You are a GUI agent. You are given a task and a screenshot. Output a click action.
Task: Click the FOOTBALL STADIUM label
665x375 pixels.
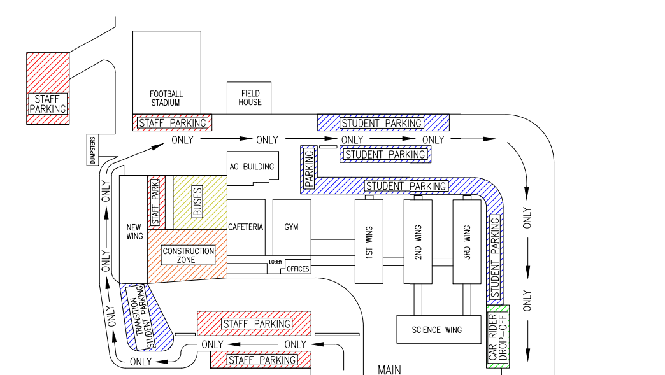coord(166,98)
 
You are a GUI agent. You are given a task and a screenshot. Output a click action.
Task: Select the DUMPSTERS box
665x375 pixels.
coord(92,150)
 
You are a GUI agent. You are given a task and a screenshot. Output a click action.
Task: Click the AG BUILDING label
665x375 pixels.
coord(252,167)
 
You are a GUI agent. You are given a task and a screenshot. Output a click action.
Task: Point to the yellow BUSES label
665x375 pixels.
coord(197,202)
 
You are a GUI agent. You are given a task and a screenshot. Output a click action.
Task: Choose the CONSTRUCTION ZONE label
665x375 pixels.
coord(188,255)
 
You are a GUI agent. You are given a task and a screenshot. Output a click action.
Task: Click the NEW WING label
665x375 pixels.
coord(134,232)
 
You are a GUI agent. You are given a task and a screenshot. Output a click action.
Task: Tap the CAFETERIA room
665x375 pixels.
coord(246,227)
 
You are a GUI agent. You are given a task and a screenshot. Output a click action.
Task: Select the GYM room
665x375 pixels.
coord(292,227)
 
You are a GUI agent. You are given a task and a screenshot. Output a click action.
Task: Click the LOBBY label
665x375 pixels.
coord(275,262)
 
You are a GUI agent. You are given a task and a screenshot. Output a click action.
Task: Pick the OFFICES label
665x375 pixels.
coord(297,269)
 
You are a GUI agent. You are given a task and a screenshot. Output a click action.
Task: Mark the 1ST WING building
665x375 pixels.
coord(369,241)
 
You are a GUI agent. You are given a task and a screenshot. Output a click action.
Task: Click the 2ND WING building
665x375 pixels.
coord(418,241)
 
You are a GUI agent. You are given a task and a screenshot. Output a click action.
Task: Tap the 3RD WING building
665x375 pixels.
coord(467,241)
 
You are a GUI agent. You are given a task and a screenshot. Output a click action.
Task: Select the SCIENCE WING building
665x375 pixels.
coord(436,329)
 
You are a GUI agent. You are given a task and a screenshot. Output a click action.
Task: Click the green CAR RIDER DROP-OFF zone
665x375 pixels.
coord(497,337)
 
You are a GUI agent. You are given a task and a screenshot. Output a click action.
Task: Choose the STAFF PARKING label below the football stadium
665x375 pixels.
coord(173,123)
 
